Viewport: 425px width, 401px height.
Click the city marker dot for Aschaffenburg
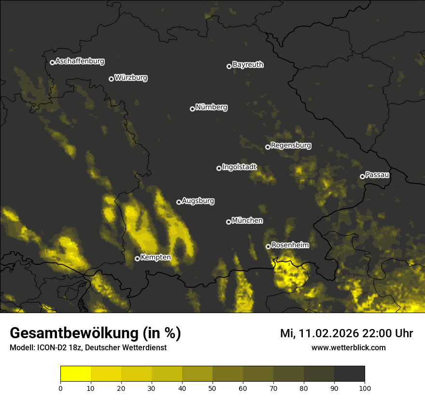pyautogui.click(x=52, y=62)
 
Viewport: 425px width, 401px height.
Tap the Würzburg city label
pyautogui.click(x=131, y=78)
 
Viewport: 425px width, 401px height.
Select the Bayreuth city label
pyautogui.click(x=248, y=65)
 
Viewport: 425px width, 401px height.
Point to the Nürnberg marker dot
pyautogui.click(x=192, y=109)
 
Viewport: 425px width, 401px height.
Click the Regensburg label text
pyautogui.click(x=291, y=145)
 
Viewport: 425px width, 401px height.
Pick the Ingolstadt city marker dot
pyautogui.click(x=219, y=168)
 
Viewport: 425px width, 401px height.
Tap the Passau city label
pyautogui.click(x=377, y=175)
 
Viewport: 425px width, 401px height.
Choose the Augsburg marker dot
pyautogui.click(x=179, y=202)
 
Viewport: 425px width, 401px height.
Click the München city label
pyautogui.click(x=247, y=221)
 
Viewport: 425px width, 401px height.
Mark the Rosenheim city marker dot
pyautogui.click(x=268, y=246)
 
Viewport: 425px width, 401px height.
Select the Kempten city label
pyautogui.click(x=156, y=258)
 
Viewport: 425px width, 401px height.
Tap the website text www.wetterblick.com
pyautogui.click(x=348, y=348)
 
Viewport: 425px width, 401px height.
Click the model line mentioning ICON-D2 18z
pyautogui.click(x=88, y=348)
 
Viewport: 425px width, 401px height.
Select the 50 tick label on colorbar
pyautogui.click(x=212, y=387)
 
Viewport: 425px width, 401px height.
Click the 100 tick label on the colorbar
pyautogui.click(x=364, y=387)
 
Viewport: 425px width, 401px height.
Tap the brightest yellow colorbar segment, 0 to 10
pyautogui.click(x=76, y=374)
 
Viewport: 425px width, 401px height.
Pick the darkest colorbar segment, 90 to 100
pyautogui.click(x=349, y=374)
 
